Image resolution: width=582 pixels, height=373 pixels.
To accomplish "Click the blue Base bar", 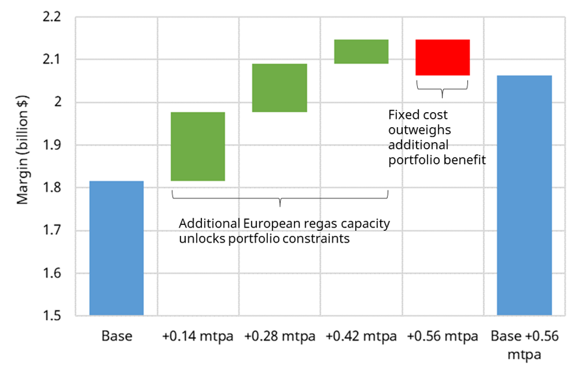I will tap(116, 248).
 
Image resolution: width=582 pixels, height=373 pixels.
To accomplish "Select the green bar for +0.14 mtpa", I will tap(198, 146).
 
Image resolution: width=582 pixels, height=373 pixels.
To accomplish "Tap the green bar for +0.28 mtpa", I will tap(280, 87).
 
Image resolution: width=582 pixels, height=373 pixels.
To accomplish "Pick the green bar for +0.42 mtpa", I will tap(361, 52).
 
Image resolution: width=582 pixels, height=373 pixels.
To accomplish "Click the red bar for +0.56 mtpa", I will tap(443, 57).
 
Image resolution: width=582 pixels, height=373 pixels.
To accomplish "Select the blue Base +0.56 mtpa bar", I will tap(524, 195).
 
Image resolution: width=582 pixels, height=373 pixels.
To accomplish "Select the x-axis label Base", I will tap(117, 337).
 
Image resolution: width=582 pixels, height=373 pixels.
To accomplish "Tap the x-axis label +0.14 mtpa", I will tap(198, 337).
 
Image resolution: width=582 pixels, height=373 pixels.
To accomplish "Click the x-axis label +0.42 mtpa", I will tap(361, 337).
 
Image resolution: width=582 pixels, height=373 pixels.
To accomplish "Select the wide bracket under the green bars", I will tap(280, 196).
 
